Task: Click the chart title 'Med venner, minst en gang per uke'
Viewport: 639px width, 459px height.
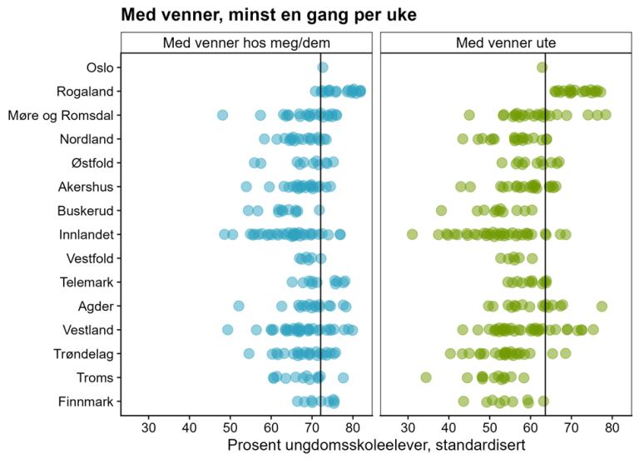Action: [x=269, y=14]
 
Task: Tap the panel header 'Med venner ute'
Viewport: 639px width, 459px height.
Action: [x=506, y=42]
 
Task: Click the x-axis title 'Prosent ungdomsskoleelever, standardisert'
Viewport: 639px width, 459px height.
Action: [x=376, y=446]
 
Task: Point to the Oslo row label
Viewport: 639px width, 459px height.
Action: [x=101, y=67]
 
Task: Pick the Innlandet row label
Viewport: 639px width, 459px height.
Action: [x=87, y=234]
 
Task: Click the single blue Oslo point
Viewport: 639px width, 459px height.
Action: [x=323, y=67]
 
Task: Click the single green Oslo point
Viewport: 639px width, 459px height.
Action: [x=542, y=67]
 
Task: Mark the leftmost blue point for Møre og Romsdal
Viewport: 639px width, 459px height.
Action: [x=223, y=115]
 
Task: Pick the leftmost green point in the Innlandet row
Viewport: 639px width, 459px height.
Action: [x=412, y=234]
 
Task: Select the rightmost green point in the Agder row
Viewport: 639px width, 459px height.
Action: [x=602, y=306]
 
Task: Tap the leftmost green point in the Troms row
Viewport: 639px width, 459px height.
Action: [x=426, y=377]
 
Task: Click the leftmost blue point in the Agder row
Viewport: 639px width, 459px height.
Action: [x=239, y=306]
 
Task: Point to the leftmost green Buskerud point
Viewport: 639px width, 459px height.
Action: [x=441, y=210]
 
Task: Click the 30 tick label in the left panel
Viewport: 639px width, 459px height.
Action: [x=149, y=428]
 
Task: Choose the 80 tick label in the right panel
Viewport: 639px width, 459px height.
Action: [x=612, y=428]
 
